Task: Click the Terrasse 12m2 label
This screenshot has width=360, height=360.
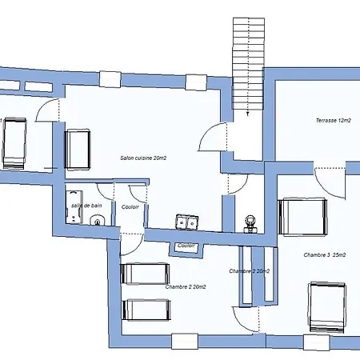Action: [334, 121]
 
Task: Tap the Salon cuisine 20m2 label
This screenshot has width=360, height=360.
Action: [143, 158]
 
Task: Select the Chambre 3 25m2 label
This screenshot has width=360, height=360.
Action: [325, 255]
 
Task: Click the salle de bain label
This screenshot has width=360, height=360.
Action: [86, 206]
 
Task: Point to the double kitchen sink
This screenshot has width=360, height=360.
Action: [187, 222]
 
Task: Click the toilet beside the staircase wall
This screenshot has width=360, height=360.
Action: [250, 224]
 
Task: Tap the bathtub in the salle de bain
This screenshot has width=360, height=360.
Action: [74, 206]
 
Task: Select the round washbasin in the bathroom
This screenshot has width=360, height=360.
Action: [98, 220]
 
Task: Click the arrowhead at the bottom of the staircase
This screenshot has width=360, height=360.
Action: [248, 114]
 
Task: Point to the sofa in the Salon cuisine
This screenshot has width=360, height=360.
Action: [78, 150]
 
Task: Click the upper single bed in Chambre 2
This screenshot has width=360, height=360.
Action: [145, 274]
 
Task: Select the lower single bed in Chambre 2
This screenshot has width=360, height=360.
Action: [146, 310]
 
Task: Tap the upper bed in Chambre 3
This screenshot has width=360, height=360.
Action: [302, 217]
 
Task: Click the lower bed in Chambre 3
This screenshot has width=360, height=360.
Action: [327, 307]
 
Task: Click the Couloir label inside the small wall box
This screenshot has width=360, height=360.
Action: [186, 246]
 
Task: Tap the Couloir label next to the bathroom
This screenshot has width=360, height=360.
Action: [130, 207]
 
